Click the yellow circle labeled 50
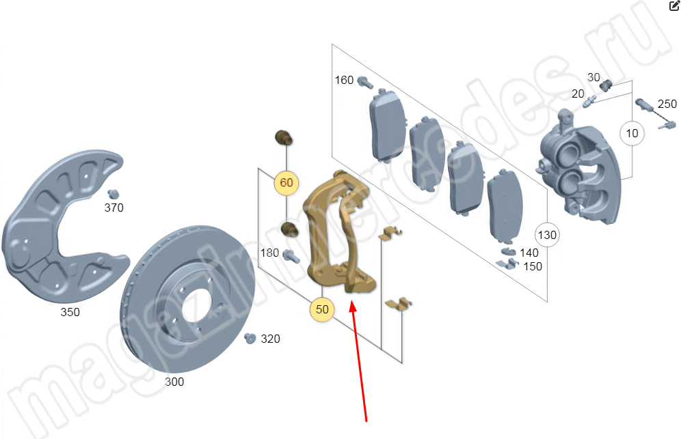click(322, 309)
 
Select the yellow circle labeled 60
click(286, 183)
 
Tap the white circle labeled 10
click(632, 133)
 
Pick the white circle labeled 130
click(547, 235)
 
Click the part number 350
click(70, 312)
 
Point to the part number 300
click(174, 382)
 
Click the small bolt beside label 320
click(250, 338)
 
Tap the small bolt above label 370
click(113, 193)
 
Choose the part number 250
click(667, 104)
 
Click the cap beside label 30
click(606, 85)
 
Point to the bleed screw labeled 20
click(591, 102)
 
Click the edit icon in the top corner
click(673, 5)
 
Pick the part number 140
click(529, 253)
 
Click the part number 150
click(532, 266)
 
